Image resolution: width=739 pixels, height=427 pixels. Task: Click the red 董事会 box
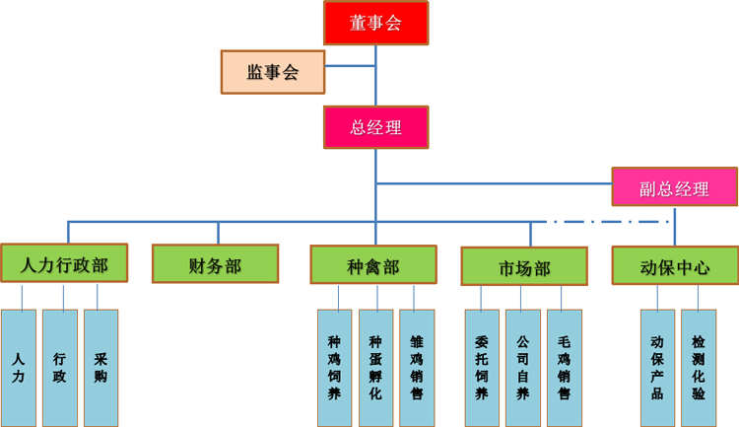(x=376, y=23)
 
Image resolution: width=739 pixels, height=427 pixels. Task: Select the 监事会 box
(x=273, y=72)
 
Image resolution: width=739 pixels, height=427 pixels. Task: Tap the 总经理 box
(x=376, y=127)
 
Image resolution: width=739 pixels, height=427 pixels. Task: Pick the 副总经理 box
(x=674, y=187)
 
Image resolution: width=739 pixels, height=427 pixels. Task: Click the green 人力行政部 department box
(x=64, y=264)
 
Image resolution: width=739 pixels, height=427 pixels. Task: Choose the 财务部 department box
(x=215, y=264)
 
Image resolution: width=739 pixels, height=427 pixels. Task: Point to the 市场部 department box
(x=524, y=266)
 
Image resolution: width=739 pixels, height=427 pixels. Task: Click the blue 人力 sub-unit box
(x=19, y=368)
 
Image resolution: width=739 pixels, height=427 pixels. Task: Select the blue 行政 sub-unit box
(x=60, y=368)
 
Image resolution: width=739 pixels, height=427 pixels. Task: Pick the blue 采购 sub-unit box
(x=101, y=368)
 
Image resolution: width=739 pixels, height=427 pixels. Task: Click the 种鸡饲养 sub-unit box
(x=334, y=368)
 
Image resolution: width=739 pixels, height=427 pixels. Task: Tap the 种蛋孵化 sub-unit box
(x=375, y=368)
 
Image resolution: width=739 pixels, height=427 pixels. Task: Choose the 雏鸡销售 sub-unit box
(x=416, y=368)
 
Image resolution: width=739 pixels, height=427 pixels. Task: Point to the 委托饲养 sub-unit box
(x=482, y=368)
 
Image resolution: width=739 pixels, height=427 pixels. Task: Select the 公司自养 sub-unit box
(x=522, y=368)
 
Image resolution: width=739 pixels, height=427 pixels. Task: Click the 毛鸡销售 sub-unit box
(x=563, y=368)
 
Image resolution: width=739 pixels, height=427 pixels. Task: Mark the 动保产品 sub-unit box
(x=657, y=368)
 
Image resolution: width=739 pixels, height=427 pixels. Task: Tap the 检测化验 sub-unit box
(x=698, y=368)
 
